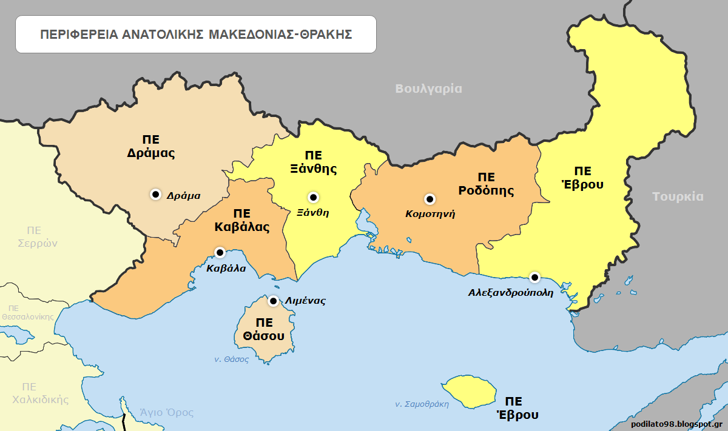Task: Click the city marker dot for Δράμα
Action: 155,194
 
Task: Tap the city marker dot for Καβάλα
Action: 220,252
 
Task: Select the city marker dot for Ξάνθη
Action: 313,197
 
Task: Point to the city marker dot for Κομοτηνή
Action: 430,199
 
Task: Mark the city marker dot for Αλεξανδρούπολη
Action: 534,277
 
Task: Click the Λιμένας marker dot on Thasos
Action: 274,301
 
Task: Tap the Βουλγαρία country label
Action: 428,89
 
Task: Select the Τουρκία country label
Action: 678,196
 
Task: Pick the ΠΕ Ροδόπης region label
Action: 486,184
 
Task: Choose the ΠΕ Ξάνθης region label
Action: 313,162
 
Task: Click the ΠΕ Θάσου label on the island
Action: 264,329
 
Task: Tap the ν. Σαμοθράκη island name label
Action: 422,404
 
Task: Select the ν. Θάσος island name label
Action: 232,359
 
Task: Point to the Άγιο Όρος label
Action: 166,413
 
